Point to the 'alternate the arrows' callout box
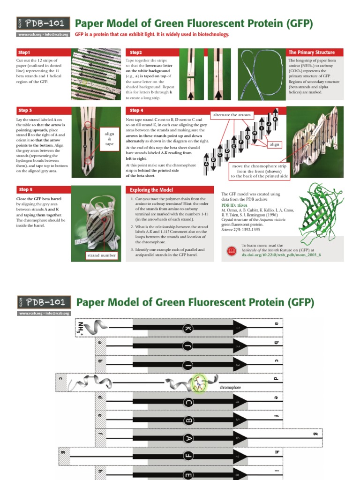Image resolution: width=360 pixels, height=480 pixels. point(232,115)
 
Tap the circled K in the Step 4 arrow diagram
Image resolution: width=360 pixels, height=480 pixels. point(275,120)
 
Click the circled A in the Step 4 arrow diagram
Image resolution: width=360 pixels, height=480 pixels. point(206,165)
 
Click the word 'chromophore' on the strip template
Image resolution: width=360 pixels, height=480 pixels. point(230,388)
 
